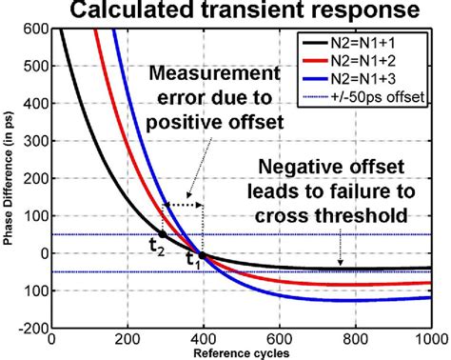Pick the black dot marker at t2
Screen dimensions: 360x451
coord(162,234)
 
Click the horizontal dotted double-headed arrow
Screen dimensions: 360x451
coord(184,204)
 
